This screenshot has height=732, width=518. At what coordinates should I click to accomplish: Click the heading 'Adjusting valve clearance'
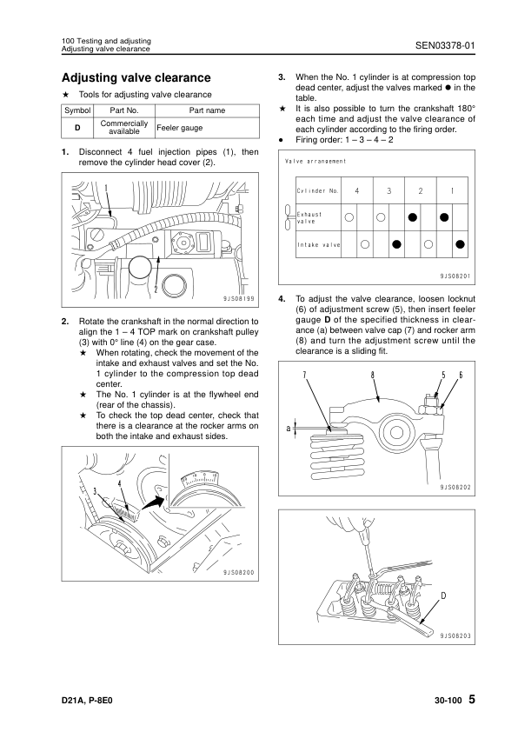coord(136,77)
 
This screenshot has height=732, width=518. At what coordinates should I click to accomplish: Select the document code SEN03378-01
coord(445,45)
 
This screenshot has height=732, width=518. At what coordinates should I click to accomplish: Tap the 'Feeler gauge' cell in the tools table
coord(180,128)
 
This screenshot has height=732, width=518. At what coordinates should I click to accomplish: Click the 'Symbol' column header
coord(77,110)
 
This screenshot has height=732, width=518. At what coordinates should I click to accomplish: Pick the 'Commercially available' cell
coord(124,128)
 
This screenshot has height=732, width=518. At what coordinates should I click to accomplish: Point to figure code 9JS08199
coord(239,299)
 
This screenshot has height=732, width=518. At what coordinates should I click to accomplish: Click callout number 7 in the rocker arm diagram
coord(304,375)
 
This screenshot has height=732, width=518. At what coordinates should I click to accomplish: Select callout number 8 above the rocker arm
coord(372,375)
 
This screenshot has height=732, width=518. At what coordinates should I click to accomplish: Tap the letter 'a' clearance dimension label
coord(289,428)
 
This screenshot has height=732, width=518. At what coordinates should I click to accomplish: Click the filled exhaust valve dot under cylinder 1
coord(444,217)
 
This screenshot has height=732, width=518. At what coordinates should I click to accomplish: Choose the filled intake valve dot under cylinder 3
coord(396,243)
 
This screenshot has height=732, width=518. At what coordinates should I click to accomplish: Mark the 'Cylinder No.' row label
coord(318,191)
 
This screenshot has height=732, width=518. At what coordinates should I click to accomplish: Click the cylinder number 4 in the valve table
coord(357,191)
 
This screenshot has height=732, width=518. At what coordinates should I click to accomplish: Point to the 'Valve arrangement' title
coord(315,162)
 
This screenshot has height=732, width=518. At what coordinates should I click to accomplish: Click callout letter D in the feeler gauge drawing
coord(443,596)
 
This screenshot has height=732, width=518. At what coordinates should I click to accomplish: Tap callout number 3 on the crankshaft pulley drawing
coord(96,490)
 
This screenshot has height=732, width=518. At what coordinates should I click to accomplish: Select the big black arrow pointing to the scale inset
coord(154,503)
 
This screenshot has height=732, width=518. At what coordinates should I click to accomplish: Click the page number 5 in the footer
coord(472,699)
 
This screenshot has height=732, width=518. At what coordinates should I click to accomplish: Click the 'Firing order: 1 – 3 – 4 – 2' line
coord(344,140)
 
